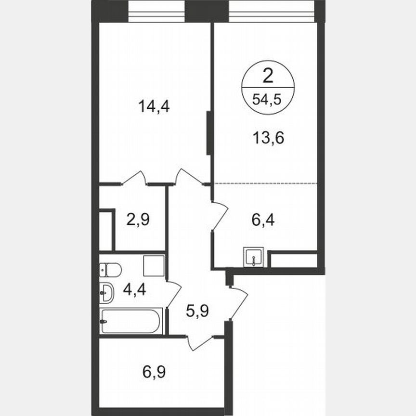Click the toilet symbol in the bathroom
pos(110,270)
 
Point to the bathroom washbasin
pos(106,293)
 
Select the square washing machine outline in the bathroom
pos(154,266)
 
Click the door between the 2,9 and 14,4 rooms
pos(135,178)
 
